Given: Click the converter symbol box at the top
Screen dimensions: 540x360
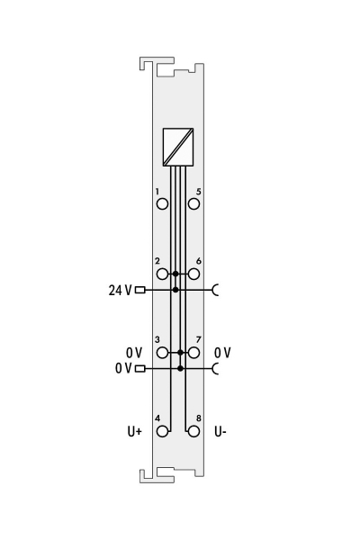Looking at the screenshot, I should pos(178,148).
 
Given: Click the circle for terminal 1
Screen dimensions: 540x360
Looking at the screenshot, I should pos(162,203).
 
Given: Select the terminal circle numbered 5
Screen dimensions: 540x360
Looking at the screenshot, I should pos(193,203).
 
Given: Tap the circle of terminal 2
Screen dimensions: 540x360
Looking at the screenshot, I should pos(162,274).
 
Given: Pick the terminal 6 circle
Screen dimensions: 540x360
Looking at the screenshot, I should pos(193,274).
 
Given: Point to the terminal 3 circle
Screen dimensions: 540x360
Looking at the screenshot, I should pos(162,353).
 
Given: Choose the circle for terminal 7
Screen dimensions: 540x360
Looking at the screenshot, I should pos(193,353).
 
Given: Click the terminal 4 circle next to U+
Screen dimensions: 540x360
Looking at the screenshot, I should pos(162,431).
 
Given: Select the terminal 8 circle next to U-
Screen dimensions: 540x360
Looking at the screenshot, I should pos(193,431).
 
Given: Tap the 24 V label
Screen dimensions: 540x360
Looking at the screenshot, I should pos(119,290).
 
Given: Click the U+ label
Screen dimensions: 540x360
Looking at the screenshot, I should pos(134,432).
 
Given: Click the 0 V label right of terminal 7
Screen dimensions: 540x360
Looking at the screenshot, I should pos(222,352).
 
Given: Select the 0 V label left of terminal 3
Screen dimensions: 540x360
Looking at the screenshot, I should pos(134,352).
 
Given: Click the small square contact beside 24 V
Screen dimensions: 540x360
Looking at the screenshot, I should pos(139,290).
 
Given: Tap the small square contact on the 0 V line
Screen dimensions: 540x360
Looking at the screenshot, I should pos(139,368).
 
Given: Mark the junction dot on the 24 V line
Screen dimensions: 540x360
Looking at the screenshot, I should pos(175,290).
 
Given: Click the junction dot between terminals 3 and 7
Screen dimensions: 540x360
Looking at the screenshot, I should pos(181,353).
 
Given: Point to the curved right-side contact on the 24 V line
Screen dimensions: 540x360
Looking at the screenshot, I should pos(214,290).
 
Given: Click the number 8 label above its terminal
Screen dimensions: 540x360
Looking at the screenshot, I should pos(198,418).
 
